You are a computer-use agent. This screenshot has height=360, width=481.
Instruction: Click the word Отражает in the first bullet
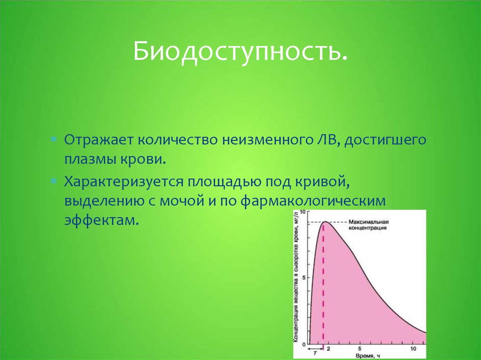pos(99,140)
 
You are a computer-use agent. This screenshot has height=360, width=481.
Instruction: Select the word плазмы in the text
pos(88,160)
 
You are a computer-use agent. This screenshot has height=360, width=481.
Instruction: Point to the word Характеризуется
pos(124,182)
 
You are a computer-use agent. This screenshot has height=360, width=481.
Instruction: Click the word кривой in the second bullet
pos(322,182)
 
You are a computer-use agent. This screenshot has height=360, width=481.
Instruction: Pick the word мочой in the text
pos(182,201)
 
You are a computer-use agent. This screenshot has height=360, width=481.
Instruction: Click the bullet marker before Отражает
pos(54,139)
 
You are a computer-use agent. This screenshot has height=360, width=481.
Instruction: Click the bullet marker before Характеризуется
pos(54,181)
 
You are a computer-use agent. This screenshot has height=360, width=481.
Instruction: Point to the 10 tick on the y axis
pos(303,212)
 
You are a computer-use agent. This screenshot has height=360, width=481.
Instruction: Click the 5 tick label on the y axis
pos(304,278)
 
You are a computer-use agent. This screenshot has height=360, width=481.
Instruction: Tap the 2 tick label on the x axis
pos(328,349)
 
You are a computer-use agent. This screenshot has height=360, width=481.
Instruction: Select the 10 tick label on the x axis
pos(413,349)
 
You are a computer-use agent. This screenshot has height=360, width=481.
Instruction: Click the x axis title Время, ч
pos(367,356)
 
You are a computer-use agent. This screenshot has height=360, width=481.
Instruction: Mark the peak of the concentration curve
pos(325,222)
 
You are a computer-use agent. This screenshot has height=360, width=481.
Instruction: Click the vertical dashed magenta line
pos(323,286)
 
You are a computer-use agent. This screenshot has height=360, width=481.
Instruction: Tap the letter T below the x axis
pos(315,353)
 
